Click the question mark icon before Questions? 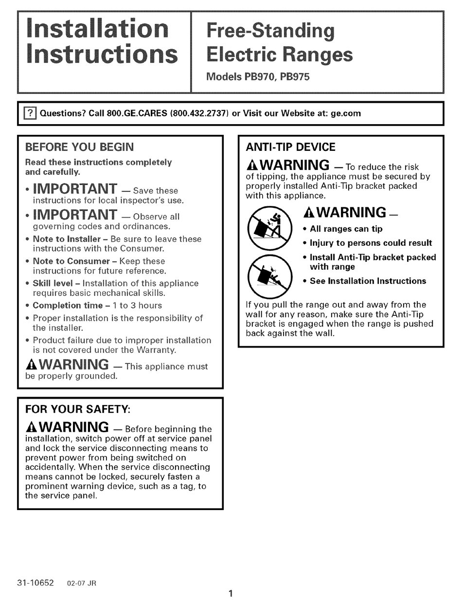30,113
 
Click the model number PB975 294,76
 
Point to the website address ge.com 346,113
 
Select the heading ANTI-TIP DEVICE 291,147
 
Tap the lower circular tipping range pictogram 268,276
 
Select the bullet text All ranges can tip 346,229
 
